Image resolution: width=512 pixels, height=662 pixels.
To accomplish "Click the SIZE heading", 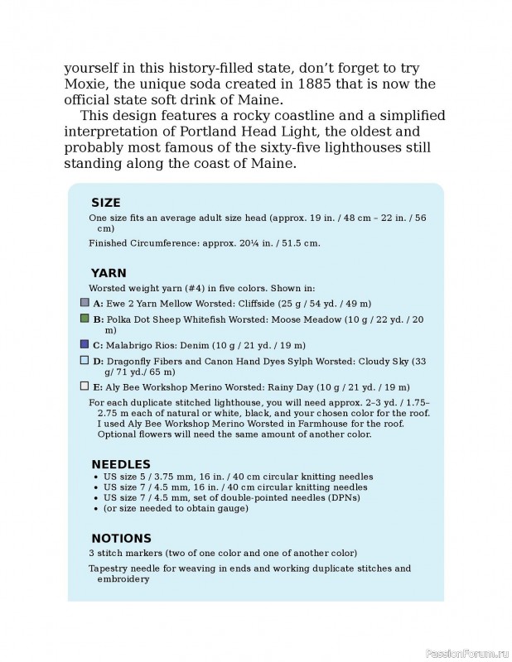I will [x=105, y=203].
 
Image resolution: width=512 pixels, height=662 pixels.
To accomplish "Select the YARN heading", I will [x=108, y=273].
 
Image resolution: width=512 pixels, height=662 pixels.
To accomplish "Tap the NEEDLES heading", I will [x=120, y=464].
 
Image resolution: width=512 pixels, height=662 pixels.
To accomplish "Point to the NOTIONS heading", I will [x=121, y=538].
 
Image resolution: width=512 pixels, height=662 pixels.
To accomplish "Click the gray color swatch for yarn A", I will [x=84, y=303].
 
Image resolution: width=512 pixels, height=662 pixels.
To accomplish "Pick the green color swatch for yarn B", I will [x=84, y=318].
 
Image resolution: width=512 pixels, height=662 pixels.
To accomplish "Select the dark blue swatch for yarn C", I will [x=84, y=344].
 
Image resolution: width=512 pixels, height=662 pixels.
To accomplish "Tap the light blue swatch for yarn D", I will [x=84, y=360].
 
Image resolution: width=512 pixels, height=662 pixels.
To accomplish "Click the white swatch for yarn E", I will [x=84, y=386].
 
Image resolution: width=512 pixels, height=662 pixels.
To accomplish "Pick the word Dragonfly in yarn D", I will [x=132, y=361].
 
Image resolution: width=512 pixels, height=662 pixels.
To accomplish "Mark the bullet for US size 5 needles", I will [x=98, y=477].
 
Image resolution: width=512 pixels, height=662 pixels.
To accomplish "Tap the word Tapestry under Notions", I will [x=108, y=568].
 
